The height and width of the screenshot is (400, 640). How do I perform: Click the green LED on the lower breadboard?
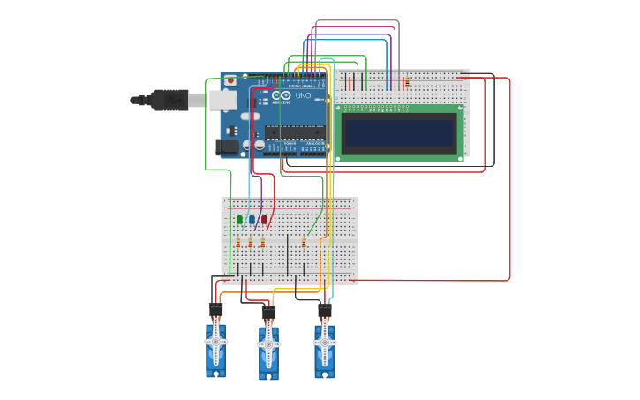click(239, 219)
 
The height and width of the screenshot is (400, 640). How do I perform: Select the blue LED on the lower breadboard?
click(252, 219)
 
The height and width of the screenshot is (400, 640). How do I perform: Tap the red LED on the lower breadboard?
click(264, 219)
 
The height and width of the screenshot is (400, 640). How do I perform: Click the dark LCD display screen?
click(399, 133)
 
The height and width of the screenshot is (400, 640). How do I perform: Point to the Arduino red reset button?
click(230, 80)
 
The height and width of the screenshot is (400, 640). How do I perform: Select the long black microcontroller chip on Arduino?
click(296, 132)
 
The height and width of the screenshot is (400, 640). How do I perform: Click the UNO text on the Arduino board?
click(303, 95)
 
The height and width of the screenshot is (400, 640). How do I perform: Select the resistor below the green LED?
click(238, 243)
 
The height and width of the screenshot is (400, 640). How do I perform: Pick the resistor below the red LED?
click(262, 243)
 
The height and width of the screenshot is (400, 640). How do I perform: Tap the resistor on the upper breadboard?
click(406, 83)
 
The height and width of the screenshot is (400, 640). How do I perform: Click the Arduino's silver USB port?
click(223, 101)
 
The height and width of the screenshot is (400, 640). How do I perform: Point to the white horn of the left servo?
click(215, 340)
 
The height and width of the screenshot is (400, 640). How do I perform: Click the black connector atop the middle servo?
click(268, 313)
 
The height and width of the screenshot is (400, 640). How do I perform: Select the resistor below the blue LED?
click(251, 243)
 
